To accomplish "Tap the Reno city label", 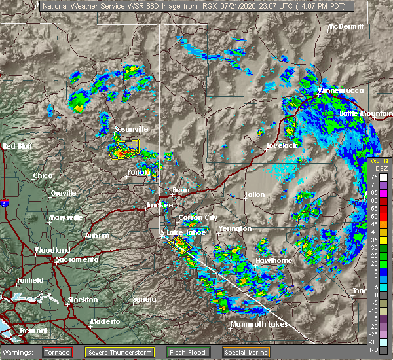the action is (180, 190).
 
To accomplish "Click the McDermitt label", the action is (345, 27).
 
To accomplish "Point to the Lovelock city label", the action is (282, 146).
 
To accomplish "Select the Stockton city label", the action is (82, 300).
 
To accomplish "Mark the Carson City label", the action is (198, 217).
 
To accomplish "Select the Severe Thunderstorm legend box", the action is (119, 352).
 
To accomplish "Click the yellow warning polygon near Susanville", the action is (124, 149).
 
